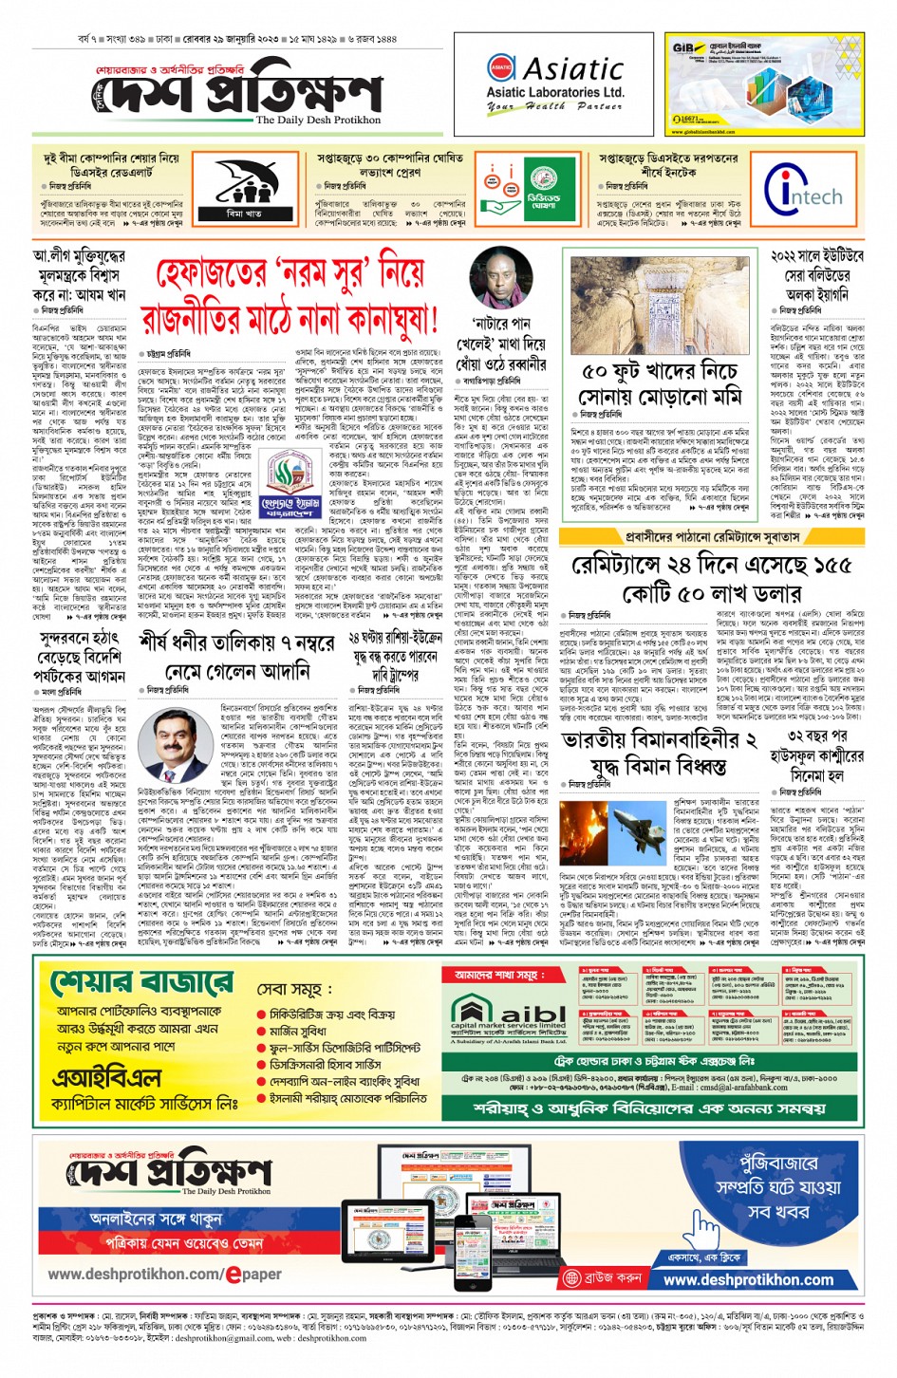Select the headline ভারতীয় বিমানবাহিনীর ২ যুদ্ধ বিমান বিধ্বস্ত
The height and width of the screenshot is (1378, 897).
point(659,754)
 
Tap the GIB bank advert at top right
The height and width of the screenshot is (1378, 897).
point(765,84)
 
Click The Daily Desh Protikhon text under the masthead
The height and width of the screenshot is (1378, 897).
point(318,121)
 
